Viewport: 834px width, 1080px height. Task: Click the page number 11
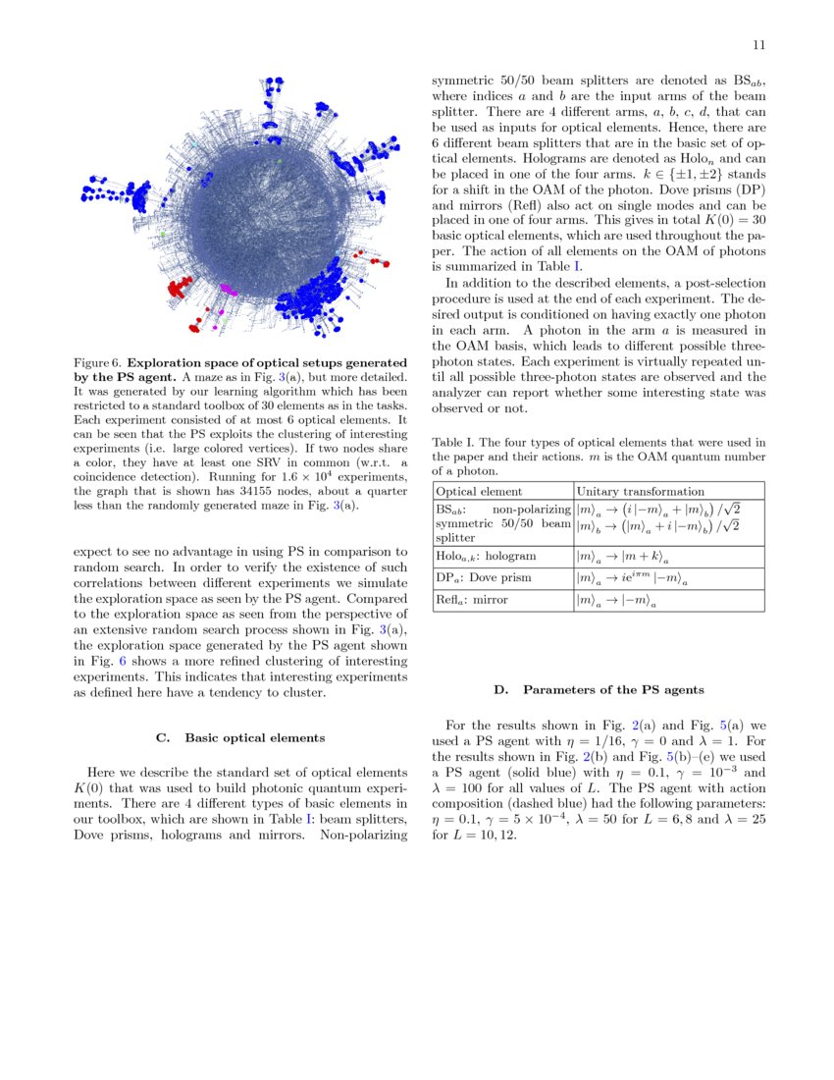758,45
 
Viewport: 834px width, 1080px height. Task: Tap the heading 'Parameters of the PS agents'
612,690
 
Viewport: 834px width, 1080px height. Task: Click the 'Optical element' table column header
479,491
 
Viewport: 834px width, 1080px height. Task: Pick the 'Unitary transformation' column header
640,491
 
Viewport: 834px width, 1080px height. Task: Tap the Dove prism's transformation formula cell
628,577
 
